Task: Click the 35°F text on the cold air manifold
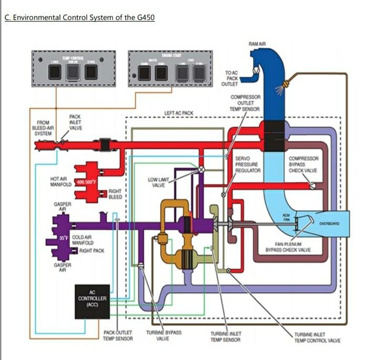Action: tap(63, 238)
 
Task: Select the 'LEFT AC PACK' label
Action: tap(179, 113)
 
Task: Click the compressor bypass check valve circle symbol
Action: tap(313, 185)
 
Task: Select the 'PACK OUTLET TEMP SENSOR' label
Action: tap(118, 336)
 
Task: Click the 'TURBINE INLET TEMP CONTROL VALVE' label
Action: tap(317, 337)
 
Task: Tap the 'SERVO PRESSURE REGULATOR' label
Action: tap(248, 164)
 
